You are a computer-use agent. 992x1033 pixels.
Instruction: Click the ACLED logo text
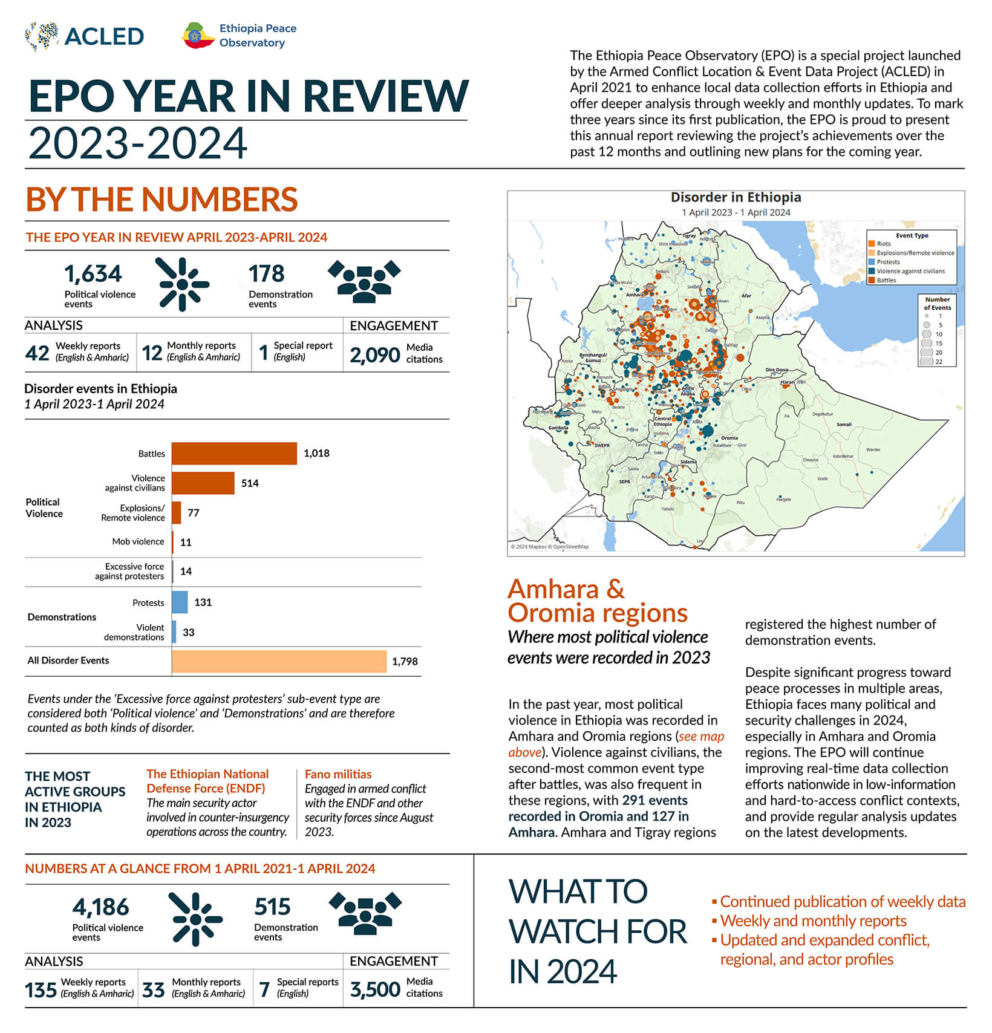pos(103,36)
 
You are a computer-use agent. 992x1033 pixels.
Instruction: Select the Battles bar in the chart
pos(234,454)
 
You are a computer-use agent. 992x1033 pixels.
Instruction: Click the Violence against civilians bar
pos(203,483)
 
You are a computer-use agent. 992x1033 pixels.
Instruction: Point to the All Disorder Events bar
pos(279,661)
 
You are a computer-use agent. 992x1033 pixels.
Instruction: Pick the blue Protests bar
pos(180,602)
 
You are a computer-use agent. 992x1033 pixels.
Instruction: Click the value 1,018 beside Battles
pos(316,454)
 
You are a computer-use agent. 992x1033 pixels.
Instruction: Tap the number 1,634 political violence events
pos(93,274)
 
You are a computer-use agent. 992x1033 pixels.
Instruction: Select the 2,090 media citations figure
pos(375,355)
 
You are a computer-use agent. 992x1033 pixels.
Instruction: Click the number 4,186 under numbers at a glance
pos(100,907)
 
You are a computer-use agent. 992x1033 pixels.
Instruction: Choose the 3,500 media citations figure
pos(375,989)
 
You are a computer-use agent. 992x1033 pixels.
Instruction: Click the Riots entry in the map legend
pos(883,244)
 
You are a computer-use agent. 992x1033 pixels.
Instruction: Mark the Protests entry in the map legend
pos(888,262)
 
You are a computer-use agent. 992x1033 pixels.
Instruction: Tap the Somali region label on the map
pos(844,425)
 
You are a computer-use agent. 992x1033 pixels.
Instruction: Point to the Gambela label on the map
pos(558,428)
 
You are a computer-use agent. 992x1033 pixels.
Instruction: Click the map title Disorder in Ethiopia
pos(736,197)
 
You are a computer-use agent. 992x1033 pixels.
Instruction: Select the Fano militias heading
pos(338,774)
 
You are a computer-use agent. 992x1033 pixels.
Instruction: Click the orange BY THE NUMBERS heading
pos(162,200)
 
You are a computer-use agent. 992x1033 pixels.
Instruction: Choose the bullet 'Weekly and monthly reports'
pos(813,921)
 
